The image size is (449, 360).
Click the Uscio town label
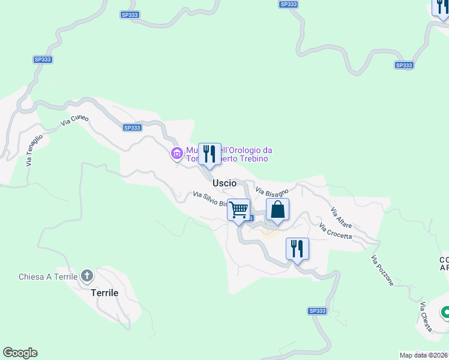[224, 182]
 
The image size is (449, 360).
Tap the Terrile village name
[104, 293]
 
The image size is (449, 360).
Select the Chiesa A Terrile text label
[48, 277]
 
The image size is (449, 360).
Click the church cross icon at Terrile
[87, 276]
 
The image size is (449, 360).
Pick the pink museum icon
[176, 154]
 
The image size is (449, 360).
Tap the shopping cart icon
[239, 210]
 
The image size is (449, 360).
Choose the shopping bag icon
[277, 210]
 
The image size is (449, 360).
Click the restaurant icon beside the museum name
[209, 154]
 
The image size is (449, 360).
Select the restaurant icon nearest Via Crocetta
[297, 248]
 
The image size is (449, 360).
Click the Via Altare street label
[341, 218]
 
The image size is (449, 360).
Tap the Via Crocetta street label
[336, 232]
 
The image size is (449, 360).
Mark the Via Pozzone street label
[382, 271]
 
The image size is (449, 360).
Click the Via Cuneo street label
[75, 120]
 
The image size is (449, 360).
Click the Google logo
[20, 353]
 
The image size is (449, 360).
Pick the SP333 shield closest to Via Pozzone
[318, 311]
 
